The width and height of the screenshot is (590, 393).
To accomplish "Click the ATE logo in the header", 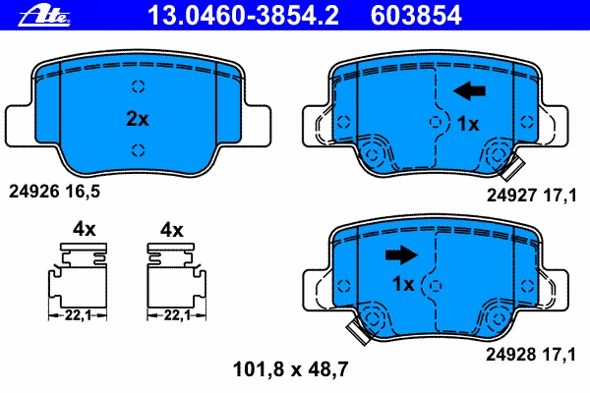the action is pyautogui.click(x=44, y=16).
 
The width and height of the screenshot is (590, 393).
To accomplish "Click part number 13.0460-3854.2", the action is pyautogui.click(x=244, y=16).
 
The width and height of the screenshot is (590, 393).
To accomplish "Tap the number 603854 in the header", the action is pyautogui.click(x=416, y=16).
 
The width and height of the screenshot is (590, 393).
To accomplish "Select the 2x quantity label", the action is pyautogui.click(x=138, y=119).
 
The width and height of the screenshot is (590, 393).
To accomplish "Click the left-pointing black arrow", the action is pyautogui.click(x=469, y=90).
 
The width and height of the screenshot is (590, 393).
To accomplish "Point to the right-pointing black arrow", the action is pyautogui.click(x=401, y=255).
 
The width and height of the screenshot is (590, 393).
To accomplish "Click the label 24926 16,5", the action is pyautogui.click(x=54, y=192).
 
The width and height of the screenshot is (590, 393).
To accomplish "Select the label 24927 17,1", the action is pyautogui.click(x=531, y=196).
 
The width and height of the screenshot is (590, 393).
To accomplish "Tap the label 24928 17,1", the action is pyautogui.click(x=531, y=355).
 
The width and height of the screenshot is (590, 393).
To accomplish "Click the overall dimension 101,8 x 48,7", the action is pyautogui.click(x=291, y=369).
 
